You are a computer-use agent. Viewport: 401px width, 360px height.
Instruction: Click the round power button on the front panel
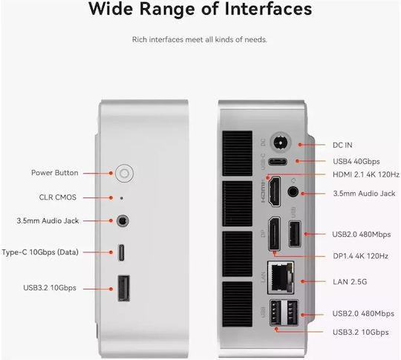click(124, 174)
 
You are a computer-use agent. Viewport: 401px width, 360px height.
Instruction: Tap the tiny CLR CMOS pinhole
click(122, 198)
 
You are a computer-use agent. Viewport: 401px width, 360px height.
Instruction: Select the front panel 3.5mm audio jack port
click(123, 220)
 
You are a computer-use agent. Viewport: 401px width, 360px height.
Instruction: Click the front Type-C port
click(121, 252)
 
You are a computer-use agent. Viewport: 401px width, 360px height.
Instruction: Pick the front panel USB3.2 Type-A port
click(124, 289)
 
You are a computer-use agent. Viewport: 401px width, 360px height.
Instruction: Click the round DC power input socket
click(281, 142)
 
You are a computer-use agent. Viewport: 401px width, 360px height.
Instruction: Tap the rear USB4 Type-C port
click(278, 162)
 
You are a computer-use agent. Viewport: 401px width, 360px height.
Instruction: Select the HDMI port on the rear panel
click(274, 192)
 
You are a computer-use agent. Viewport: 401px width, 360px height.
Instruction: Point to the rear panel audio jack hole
click(293, 192)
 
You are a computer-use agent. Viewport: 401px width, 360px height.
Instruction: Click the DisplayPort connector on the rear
click(274, 234)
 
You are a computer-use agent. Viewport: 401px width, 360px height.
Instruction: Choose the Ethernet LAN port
click(281, 278)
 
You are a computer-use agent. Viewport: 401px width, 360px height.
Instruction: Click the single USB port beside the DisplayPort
click(295, 235)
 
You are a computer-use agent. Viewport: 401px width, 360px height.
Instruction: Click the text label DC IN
click(342, 145)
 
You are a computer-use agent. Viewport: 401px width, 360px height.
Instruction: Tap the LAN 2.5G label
click(350, 282)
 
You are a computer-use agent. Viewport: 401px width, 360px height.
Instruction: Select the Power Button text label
click(55, 173)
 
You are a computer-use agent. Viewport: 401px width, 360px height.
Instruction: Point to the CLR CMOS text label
click(58, 197)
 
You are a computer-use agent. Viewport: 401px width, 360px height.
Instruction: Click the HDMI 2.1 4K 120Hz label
click(366, 174)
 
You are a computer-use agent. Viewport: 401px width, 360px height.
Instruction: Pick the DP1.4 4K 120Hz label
click(361, 256)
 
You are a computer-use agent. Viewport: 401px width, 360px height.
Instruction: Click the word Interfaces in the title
click(268, 9)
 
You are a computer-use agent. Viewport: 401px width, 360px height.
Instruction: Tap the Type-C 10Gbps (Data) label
click(40, 252)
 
